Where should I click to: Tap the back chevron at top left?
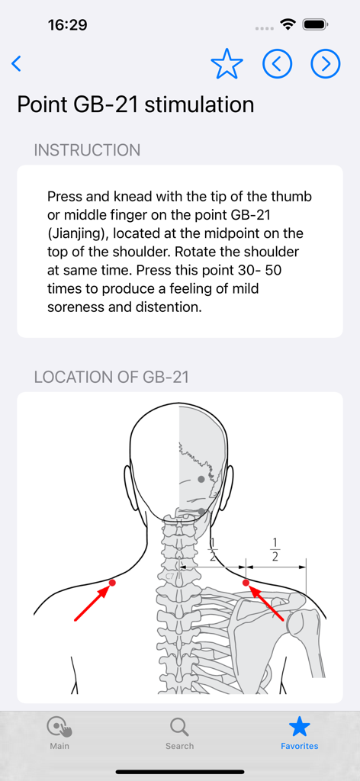[17, 64]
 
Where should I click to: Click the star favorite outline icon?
[227, 65]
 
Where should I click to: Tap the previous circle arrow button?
[277, 65]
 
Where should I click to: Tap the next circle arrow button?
[326, 65]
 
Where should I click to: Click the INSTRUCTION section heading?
[87, 150]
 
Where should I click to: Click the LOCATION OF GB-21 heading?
[111, 377]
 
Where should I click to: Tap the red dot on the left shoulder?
[112, 583]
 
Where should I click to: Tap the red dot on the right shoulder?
[246, 583]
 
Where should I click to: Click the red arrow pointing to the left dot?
[92, 603]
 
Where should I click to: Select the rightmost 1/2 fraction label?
[275, 549]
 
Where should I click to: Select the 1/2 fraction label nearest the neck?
[213, 549]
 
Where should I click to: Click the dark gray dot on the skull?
[201, 479]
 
